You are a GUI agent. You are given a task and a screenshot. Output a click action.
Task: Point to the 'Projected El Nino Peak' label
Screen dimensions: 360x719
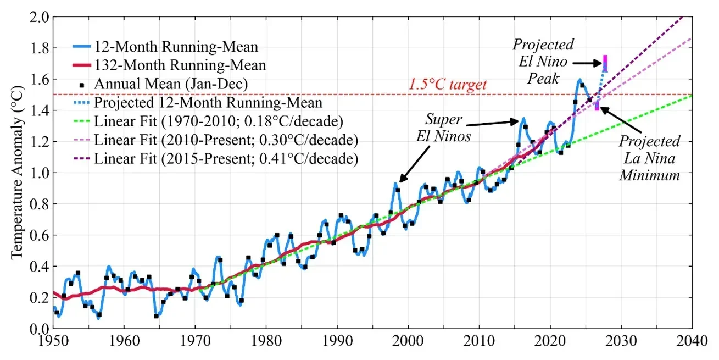(543, 61)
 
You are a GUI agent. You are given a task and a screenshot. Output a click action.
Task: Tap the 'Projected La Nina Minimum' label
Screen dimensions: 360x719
(649, 158)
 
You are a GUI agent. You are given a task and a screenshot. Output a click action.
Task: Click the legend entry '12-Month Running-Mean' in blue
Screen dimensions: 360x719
(176, 46)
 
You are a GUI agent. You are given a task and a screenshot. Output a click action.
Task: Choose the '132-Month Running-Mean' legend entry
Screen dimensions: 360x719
(180, 65)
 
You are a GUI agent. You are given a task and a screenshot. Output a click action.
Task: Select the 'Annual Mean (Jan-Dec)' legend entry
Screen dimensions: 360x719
(170, 84)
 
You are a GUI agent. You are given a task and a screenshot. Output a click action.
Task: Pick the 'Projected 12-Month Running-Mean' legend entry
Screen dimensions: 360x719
(208, 103)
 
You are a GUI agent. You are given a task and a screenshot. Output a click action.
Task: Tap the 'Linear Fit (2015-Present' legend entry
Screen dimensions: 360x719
(226, 159)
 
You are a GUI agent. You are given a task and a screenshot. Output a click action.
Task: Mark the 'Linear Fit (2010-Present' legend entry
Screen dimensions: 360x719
(226, 140)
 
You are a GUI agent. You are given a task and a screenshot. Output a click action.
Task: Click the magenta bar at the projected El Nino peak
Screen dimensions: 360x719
(605, 63)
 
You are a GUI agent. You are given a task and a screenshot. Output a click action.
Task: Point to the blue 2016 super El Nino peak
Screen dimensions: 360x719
(523, 118)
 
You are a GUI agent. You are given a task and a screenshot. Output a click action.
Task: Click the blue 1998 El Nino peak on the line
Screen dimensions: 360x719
(395, 184)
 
